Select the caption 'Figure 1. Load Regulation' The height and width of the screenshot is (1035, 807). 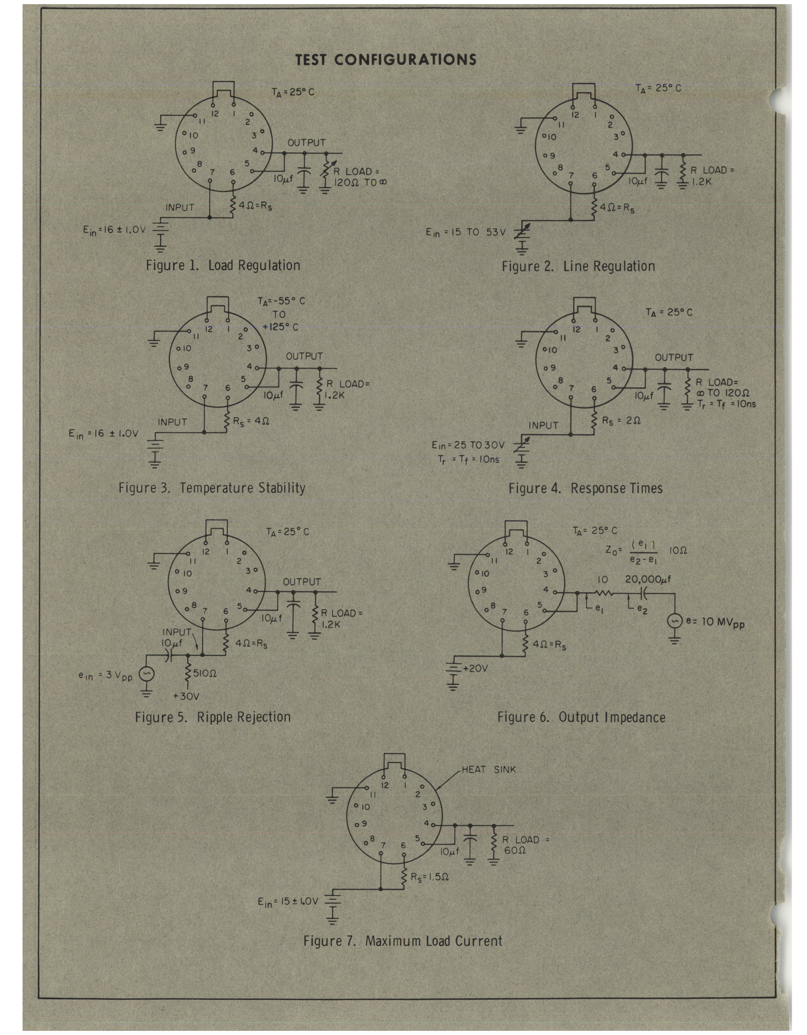pyautogui.click(x=223, y=265)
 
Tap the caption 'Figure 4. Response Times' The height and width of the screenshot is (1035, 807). pyautogui.click(x=586, y=488)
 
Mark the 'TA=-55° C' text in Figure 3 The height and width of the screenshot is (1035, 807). pyautogui.click(x=281, y=301)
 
